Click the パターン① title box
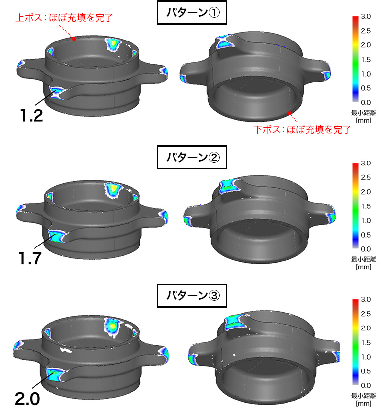(192, 12)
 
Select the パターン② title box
(192, 158)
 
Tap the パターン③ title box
(192, 295)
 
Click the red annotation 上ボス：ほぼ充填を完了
(64, 18)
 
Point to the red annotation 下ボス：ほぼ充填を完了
(302, 130)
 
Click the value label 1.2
(32, 116)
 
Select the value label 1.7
(30, 258)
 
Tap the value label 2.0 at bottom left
(28, 399)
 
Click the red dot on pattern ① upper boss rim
(74, 39)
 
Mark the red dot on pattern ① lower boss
(290, 113)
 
